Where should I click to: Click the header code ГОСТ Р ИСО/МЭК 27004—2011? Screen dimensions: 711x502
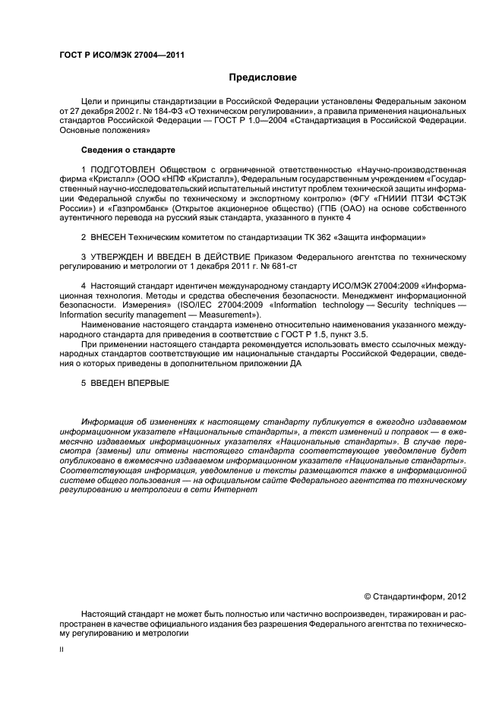click(122, 55)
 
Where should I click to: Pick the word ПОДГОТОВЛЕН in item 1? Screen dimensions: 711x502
click(124, 169)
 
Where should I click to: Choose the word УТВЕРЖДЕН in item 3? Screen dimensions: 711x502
click(122, 257)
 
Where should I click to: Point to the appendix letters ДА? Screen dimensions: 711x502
click(294, 365)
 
